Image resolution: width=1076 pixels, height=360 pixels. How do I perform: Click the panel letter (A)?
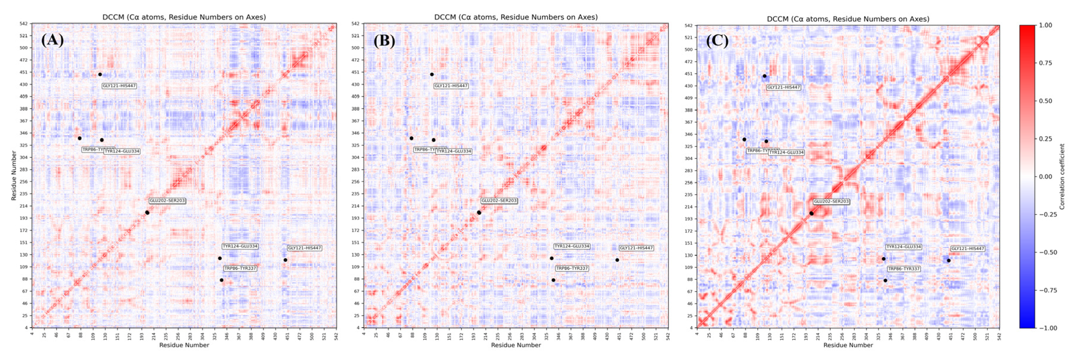[x=53, y=40]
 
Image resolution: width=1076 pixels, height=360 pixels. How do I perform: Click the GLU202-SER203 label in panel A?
[x=167, y=201]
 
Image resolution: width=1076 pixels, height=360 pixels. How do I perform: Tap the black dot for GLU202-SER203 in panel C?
[x=811, y=213]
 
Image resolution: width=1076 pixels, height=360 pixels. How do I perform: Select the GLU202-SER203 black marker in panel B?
[x=479, y=213]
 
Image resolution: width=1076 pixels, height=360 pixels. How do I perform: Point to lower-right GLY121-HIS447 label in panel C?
[x=967, y=249]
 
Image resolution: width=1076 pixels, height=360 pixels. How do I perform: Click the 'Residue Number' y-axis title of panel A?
[x=14, y=176]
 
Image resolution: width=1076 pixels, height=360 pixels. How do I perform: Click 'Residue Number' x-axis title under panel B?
[x=516, y=345]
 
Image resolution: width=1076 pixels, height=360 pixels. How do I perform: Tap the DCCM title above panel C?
[x=848, y=19]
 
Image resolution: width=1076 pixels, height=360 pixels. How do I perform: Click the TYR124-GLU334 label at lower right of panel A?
[x=240, y=246]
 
